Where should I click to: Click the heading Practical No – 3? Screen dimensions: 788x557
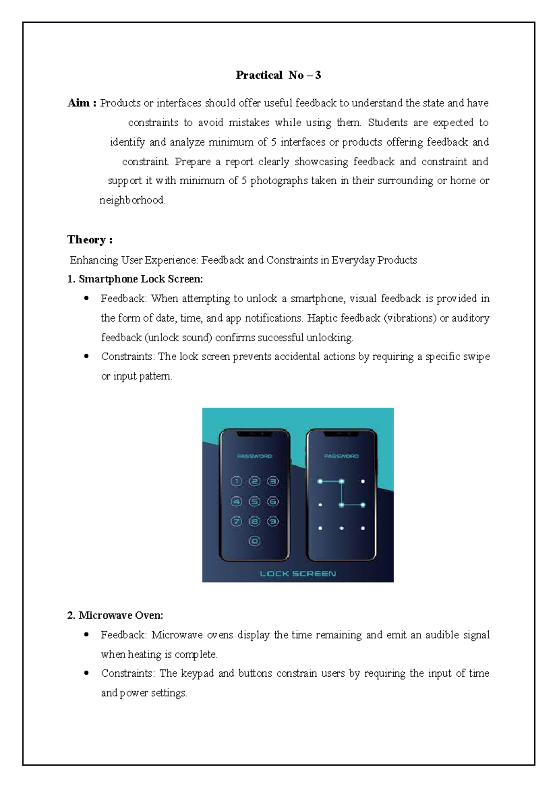[x=278, y=75]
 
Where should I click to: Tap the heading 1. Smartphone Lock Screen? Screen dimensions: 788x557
[x=135, y=279]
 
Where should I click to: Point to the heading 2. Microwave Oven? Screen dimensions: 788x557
[x=115, y=615]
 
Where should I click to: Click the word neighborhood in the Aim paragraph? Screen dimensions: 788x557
[x=132, y=200]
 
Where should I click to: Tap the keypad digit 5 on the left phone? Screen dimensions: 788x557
[x=254, y=502]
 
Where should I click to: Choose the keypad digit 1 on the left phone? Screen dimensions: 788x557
[x=236, y=482]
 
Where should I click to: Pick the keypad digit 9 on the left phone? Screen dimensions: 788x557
[x=272, y=522]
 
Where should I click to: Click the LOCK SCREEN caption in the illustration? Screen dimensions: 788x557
[x=298, y=574]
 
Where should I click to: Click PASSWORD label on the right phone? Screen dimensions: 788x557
[x=341, y=456]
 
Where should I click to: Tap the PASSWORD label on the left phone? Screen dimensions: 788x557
[x=254, y=456]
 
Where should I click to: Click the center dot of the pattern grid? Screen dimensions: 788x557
[x=341, y=504]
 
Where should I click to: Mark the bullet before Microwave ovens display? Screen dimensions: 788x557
[x=86, y=634]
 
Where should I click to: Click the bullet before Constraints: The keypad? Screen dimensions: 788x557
[x=86, y=673]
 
